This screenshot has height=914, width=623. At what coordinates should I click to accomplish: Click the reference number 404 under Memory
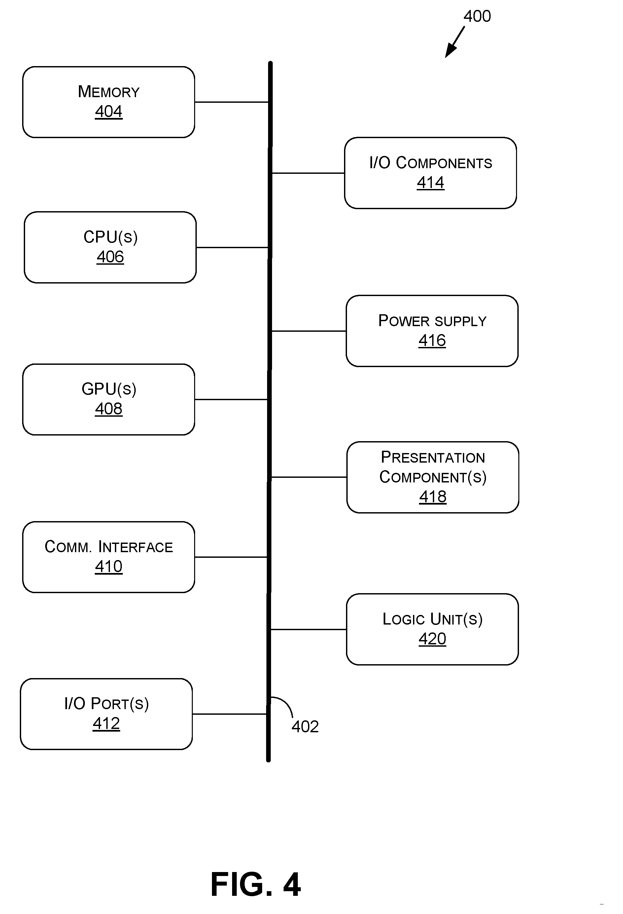109,112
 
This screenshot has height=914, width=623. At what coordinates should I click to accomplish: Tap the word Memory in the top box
109,92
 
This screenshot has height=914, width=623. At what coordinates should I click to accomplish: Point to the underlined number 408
109,409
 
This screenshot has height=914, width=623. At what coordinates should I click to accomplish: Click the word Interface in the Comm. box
136,547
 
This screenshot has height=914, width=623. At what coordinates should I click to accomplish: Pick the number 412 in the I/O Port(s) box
106,724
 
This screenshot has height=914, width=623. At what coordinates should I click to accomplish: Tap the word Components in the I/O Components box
444,163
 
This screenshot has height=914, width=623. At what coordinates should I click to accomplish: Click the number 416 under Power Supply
432,341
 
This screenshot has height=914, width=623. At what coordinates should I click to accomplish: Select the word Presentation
433,457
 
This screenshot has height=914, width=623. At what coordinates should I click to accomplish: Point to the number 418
433,497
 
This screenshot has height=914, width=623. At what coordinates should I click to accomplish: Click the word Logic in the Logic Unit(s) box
404,619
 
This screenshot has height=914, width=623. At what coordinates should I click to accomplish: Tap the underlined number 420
433,639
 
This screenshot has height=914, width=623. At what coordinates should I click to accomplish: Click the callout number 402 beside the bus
305,727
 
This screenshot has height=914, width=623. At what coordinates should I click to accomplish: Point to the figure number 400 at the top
477,17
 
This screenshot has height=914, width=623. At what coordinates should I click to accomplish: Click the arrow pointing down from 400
455,42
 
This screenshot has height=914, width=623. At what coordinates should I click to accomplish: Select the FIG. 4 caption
256,885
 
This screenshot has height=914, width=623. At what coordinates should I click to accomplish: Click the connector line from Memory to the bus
231,102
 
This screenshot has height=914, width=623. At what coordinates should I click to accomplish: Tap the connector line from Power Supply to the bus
309,331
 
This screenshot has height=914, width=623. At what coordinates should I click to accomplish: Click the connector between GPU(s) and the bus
231,400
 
